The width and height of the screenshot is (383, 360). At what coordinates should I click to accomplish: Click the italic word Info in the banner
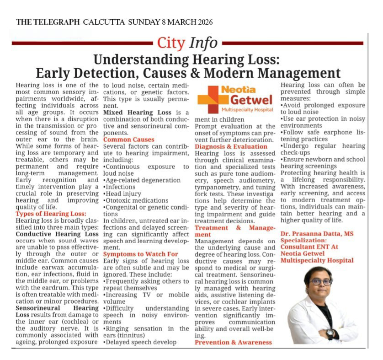(x=203, y=43)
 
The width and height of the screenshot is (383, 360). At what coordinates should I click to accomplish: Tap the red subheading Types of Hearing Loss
(x=50, y=214)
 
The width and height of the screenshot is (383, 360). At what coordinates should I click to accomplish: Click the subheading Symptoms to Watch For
(x=141, y=254)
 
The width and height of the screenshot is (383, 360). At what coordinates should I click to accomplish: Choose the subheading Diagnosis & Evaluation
(x=231, y=146)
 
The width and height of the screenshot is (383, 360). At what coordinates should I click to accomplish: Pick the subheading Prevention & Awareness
(x=234, y=342)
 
